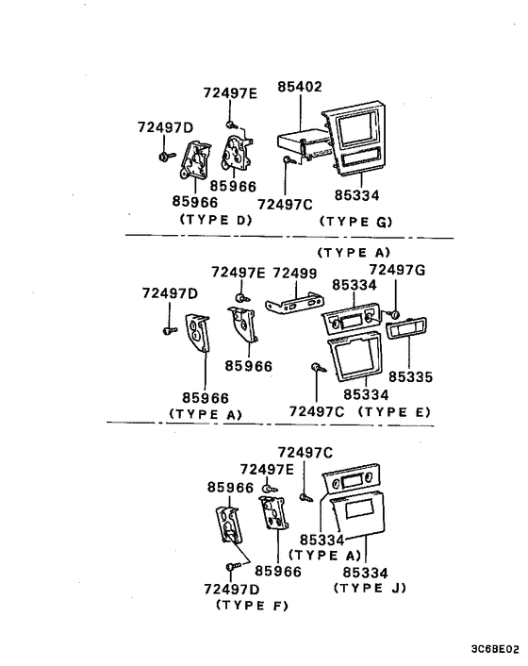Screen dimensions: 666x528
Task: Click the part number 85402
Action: pos(300,87)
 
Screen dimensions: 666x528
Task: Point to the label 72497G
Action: pos(397,271)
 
